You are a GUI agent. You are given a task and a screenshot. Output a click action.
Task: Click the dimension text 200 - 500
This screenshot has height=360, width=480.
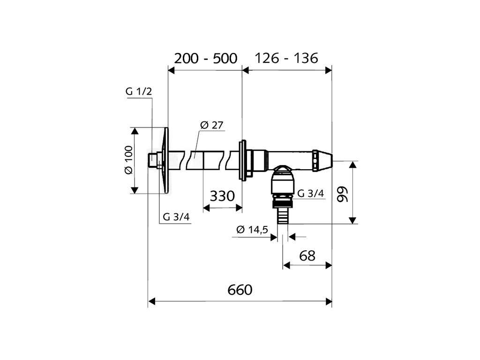[206, 58]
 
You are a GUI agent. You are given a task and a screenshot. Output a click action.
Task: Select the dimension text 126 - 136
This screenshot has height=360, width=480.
[286, 58]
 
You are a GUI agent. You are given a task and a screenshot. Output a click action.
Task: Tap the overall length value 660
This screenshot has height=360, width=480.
[240, 290]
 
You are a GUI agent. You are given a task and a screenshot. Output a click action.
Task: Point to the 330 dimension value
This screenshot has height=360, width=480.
[222, 196]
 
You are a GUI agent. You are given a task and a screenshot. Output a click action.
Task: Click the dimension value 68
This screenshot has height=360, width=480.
[307, 255]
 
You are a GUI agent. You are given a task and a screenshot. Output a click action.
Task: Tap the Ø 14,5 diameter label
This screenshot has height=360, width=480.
[252, 229]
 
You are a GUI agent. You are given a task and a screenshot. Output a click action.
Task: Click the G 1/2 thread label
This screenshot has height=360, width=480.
[139, 91]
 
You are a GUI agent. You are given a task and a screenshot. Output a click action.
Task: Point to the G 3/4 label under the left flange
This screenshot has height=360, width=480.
[177, 217]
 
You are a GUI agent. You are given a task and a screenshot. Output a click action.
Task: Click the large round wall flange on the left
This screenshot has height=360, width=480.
[164, 160]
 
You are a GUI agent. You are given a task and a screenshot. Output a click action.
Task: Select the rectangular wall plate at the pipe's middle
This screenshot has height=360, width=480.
[243, 159]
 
